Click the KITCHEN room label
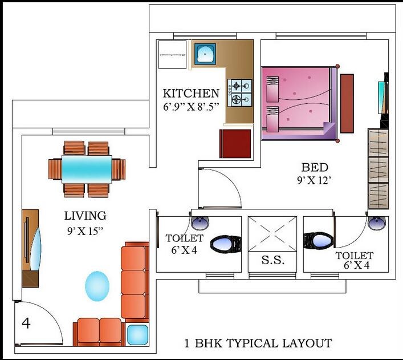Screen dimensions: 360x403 click(x=191, y=94)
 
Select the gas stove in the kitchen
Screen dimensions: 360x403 click(x=240, y=93)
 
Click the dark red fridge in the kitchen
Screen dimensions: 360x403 click(x=235, y=143)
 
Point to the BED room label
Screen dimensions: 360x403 click(x=315, y=168)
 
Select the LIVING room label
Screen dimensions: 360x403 click(x=85, y=216)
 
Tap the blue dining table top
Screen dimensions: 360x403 click(x=87, y=169)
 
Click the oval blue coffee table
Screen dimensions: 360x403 click(x=97, y=285)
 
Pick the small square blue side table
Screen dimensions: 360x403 click(x=137, y=334)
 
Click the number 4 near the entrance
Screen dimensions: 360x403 click(x=26, y=323)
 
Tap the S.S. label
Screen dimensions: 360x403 click(x=272, y=260)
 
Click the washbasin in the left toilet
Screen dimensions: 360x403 click(x=199, y=221)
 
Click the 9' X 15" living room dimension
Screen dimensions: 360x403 click(x=85, y=232)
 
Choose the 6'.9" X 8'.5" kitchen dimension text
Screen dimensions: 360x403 click(x=191, y=107)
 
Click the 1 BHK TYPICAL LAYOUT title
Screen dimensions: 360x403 click(x=258, y=343)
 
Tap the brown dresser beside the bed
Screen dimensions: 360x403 click(x=347, y=103)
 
